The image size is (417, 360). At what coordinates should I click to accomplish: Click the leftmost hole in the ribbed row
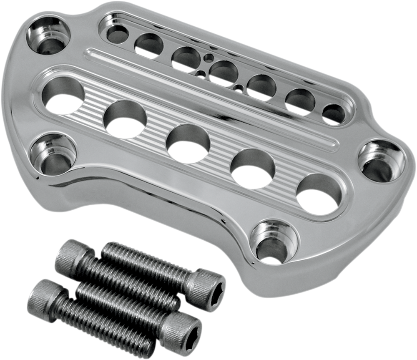(x=64, y=96)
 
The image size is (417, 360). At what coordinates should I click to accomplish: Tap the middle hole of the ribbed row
(x=188, y=143)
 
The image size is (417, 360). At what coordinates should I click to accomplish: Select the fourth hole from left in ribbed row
(x=252, y=168)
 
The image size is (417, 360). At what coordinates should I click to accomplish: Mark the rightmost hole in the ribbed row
(x=318, y=194)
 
